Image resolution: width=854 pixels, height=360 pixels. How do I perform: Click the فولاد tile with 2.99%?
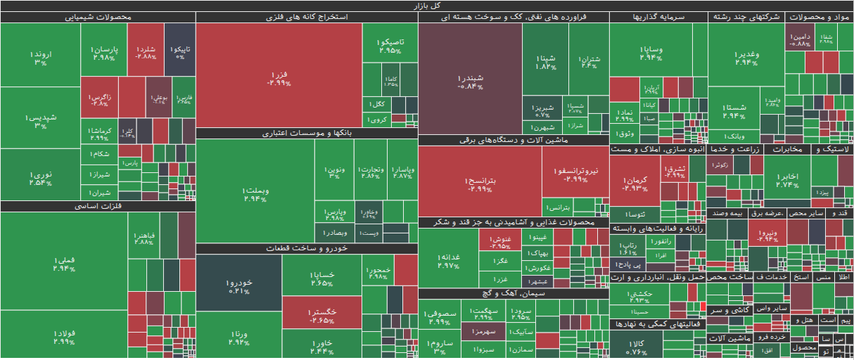[63, 335]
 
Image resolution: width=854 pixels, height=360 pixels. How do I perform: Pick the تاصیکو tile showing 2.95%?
[390, 46]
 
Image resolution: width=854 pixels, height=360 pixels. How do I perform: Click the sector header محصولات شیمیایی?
[98, 17]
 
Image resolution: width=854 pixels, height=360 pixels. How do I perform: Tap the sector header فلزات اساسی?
[98, 206]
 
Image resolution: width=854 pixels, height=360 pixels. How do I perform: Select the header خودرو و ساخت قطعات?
[307, 248]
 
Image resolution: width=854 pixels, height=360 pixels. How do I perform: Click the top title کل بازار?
[427, 6]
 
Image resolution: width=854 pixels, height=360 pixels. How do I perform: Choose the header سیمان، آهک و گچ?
[514, 293]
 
